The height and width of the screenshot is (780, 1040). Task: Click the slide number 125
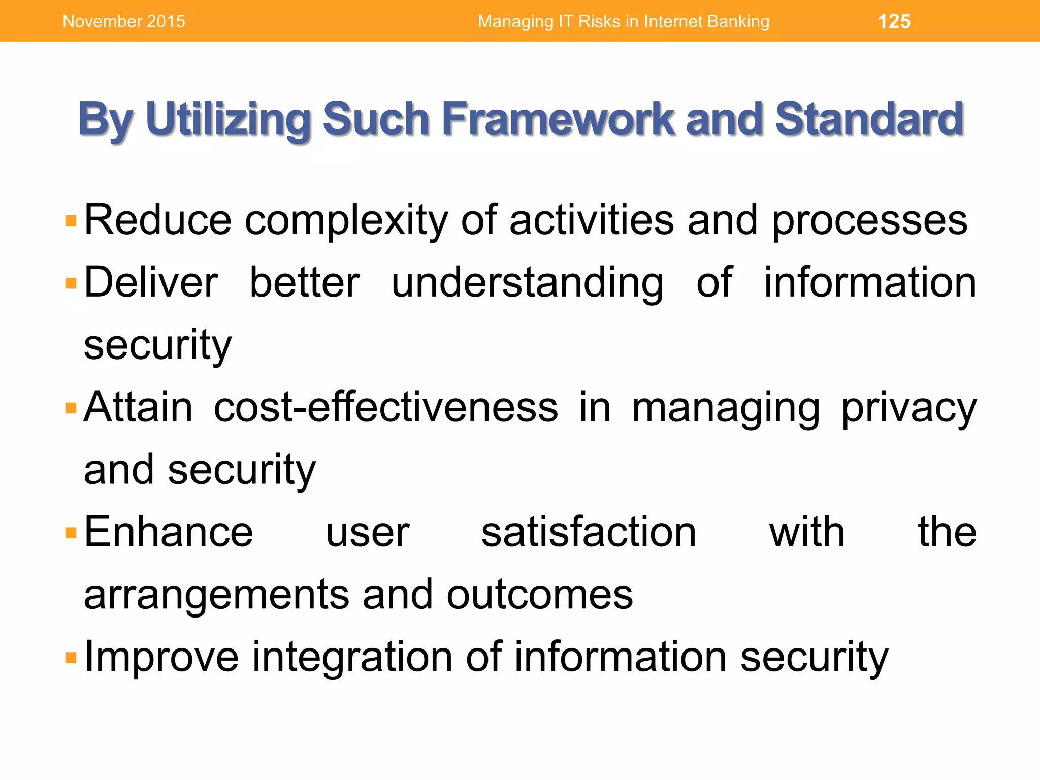coord(894,21)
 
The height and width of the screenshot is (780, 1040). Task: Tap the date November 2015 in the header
coord(124,21)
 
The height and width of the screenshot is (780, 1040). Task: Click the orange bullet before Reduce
coord(71,221)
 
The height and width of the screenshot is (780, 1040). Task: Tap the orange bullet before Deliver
coord(71,283)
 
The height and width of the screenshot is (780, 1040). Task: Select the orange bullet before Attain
coord(71,408)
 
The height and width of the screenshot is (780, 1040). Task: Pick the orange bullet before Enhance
coord(71,533)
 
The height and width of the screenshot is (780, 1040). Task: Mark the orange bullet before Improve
coord(71,658)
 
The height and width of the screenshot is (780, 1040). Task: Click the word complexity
coord(346,221)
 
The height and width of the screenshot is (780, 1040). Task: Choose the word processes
coord(869,221)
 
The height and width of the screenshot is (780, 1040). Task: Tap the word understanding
coord(527,283)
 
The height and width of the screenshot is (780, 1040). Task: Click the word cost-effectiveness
coord(385,408)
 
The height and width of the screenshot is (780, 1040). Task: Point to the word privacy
coord(909,408)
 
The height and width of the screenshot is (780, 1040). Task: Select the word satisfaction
coord(589,533)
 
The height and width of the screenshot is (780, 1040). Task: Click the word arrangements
coord(216,595)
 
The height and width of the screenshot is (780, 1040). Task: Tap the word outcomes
coord(539,595)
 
